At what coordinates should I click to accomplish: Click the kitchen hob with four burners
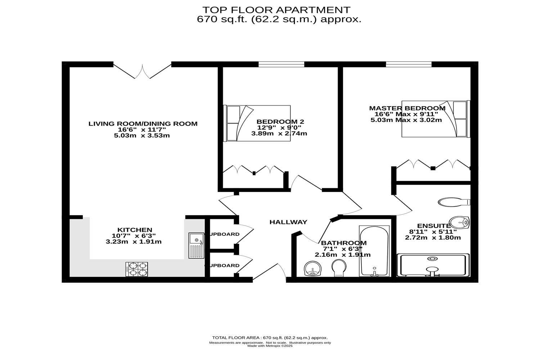click(137, 269)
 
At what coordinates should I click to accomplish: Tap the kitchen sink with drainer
click(196, 246)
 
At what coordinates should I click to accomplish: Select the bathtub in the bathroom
click(374, 251)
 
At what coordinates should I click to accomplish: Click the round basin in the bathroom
click(313, 269)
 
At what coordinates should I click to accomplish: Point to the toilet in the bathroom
click(339, 269)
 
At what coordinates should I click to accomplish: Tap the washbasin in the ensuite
click(460, 222)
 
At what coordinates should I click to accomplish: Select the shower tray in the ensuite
click(433, 265)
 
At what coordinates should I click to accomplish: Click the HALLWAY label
click(288, 222)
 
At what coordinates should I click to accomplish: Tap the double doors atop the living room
click(143, 71)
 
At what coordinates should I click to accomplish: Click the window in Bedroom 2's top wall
click(281, 64)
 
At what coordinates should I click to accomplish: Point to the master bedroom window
click(409, 64)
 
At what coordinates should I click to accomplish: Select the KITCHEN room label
click(135, 230)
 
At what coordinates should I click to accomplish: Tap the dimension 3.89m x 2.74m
click(279, 134)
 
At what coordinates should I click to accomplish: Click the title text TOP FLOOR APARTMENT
click(276, 10)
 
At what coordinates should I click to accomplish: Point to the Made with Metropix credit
click(270, 346)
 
